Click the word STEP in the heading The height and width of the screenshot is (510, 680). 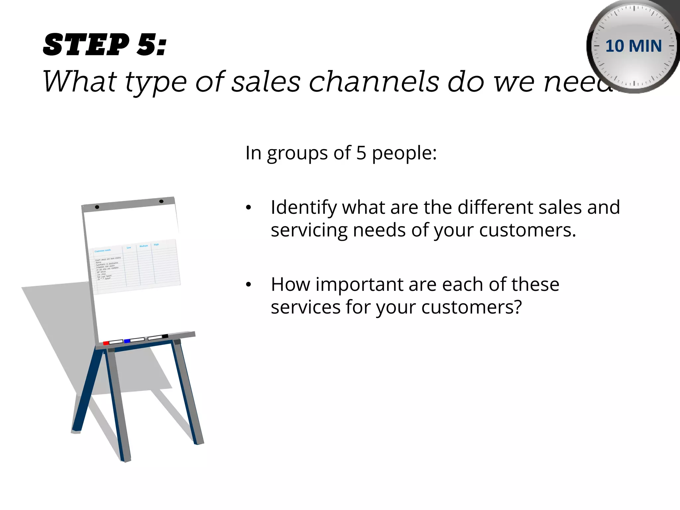click(86, 45)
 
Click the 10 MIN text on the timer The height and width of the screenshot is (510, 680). click(634, 46)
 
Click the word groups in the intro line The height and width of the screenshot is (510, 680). click(297, 153)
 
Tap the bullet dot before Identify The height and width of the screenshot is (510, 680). click(249, 208)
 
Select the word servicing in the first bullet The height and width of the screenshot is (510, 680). click(309, 230)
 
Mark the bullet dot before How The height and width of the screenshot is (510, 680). click(249, 285)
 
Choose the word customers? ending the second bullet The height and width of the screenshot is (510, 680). click(471, 307)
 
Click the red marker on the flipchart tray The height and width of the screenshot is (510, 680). click(106, 343)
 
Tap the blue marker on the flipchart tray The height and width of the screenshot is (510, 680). click(127, 341)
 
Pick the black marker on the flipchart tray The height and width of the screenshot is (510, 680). click(165, 336)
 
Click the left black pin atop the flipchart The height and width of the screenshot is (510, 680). click(97, 207)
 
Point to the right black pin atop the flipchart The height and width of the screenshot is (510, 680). click(161, 201)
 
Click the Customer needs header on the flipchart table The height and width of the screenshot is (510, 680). click(103, 250)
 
